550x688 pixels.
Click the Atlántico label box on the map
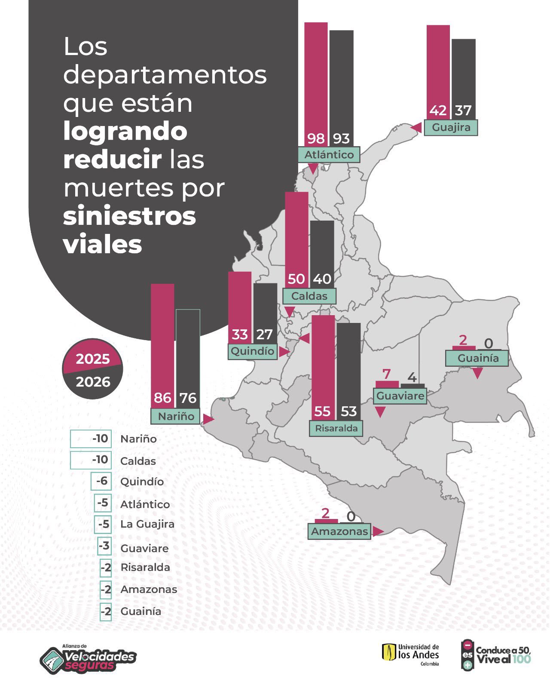329,155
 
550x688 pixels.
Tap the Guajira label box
451,128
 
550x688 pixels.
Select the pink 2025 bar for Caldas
296,240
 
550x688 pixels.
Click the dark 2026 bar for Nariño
188,359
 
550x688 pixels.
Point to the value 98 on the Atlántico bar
316,138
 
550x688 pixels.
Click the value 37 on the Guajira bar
463,111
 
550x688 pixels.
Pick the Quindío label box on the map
253,351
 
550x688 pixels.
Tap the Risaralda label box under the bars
336,428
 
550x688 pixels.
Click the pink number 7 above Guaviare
386,374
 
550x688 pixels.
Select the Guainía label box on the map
477,358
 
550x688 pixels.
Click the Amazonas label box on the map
339,531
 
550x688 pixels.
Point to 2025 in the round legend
93,359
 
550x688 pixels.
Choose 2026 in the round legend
93,382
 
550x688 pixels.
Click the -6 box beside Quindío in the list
101,481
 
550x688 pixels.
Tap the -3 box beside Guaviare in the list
104,547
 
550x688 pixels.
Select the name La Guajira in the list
147,524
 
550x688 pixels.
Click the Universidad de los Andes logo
411,655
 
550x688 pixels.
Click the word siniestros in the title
129,216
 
